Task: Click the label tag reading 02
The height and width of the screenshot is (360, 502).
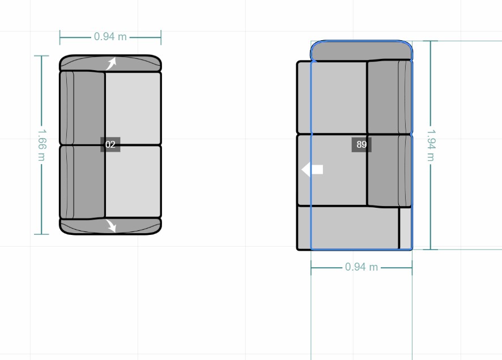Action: [x=110, y=144]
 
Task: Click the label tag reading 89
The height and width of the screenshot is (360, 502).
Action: [x=361, y=144]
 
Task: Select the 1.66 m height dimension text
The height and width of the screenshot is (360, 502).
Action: [x=42, y=145]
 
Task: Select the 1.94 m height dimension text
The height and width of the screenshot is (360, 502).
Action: [x=431, y=145]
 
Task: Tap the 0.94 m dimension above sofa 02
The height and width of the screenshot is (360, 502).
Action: [x=110, y=37]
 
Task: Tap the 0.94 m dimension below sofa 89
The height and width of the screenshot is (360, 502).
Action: [x=361, y=267]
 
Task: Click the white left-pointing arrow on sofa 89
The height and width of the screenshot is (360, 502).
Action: [x=312, y=169]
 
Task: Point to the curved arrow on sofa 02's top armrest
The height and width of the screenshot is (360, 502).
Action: [x=111, y=63]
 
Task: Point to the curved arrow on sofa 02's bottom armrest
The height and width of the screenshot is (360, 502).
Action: [x=111, y=226]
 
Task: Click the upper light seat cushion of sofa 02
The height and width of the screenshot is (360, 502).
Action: [x=133, y=108]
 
